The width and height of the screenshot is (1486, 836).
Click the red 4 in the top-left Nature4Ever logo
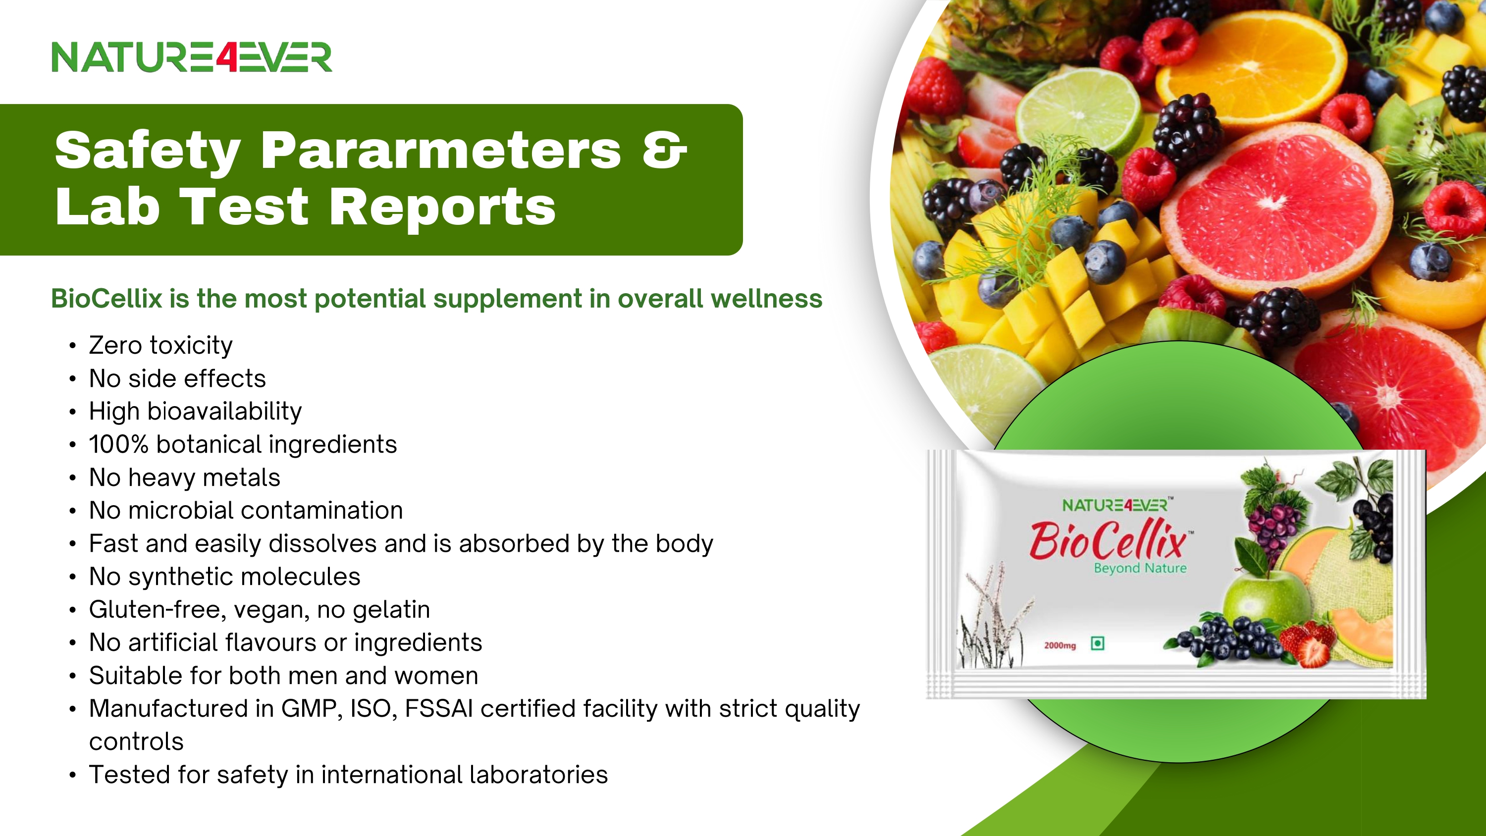coord(227,57)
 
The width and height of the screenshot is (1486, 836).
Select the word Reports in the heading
coord(442,207)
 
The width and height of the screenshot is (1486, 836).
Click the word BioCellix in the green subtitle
coord(106,298)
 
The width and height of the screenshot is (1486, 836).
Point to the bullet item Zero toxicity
coord(161,345)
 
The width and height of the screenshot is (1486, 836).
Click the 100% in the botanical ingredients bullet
coord(118,444)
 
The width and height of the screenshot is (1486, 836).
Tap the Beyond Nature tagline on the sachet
coord(1140,568)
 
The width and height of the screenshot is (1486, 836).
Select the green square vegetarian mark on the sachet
coord(1098,643)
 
